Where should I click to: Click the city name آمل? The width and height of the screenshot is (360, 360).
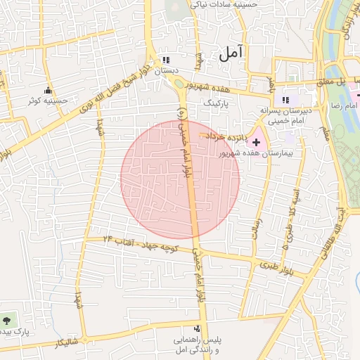tap(231, 52)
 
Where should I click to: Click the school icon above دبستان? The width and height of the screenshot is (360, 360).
tap(167, 60)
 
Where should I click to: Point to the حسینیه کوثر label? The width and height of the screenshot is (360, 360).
tap(49, 101)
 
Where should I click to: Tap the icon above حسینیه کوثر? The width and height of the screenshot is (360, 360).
tap(49, 90)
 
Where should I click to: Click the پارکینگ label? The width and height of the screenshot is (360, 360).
tap(217, 102)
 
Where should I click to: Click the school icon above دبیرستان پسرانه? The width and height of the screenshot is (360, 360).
tap(285, 100)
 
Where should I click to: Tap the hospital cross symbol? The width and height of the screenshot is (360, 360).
tap(256, 142)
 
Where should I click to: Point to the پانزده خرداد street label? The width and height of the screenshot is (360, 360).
tap(225, 136)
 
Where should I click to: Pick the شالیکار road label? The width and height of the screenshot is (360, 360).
tap(66, 343)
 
